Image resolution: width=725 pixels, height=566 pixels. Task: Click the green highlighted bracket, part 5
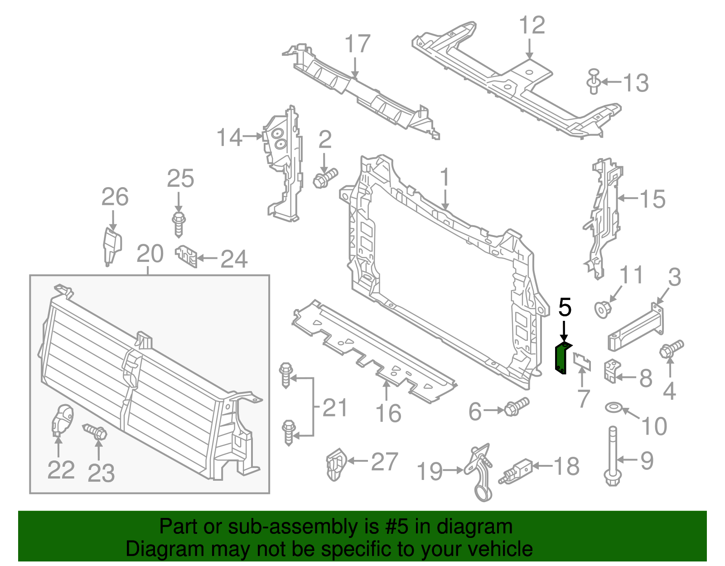(561, 358)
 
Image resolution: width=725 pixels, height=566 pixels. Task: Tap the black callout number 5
(565, 308)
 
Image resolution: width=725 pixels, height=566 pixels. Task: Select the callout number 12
(532, 25)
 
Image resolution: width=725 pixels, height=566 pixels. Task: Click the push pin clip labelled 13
(594, 82)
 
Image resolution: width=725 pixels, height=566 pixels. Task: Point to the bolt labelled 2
(325, 178)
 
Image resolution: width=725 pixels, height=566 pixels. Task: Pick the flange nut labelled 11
(603, 310)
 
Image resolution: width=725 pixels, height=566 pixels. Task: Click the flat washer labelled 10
(614, 407)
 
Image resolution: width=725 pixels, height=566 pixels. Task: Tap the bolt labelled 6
(516, 406)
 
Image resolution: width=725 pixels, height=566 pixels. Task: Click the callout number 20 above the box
(150, 254)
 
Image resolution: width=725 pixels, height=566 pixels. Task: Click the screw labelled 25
(179, 223)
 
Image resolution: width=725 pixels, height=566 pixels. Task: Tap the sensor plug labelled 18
(517, 470)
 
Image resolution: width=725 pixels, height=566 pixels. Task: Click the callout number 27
(384, 462)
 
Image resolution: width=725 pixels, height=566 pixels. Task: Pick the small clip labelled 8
(611, 371)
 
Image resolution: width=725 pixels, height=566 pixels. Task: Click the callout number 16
(388, 413)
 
